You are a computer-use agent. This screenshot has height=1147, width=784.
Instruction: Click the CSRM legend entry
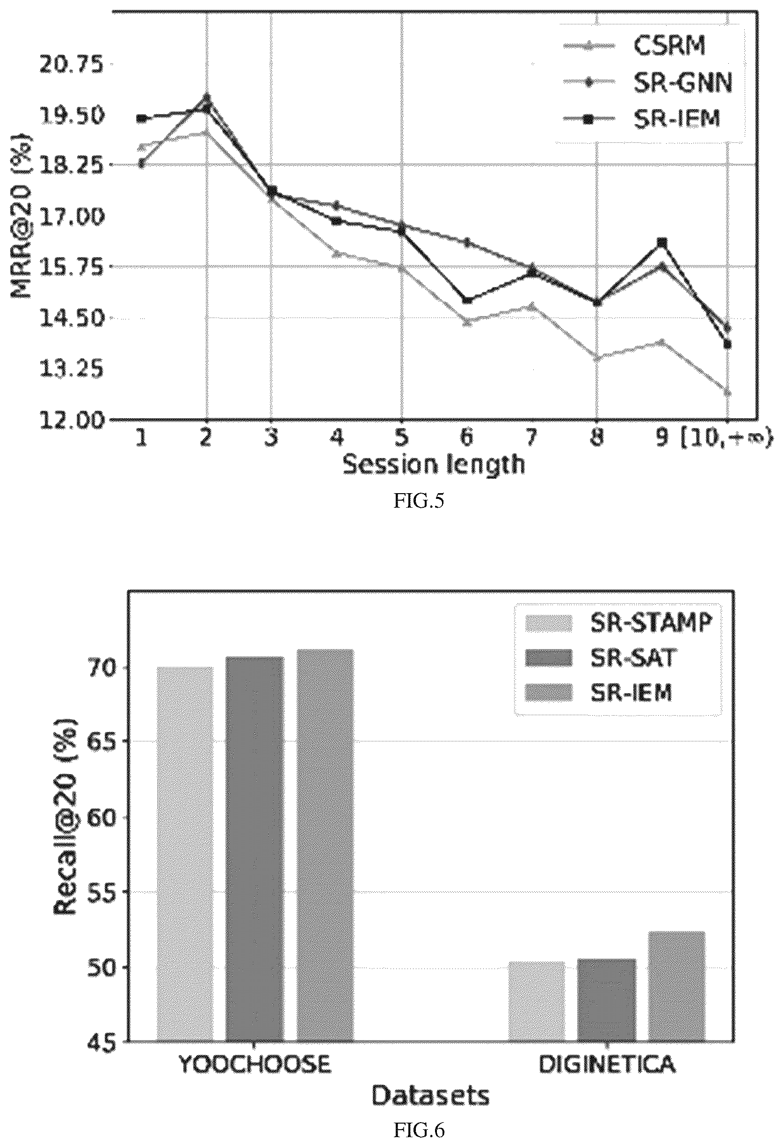pos(636,46)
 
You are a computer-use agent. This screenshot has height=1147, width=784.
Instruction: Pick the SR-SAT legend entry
pos(599,658)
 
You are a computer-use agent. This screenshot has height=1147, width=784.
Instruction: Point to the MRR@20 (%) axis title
pos(21,216)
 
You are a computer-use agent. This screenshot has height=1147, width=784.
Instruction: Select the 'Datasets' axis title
pos(430,1095)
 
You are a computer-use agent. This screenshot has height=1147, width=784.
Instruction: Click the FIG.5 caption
pos(419,502)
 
